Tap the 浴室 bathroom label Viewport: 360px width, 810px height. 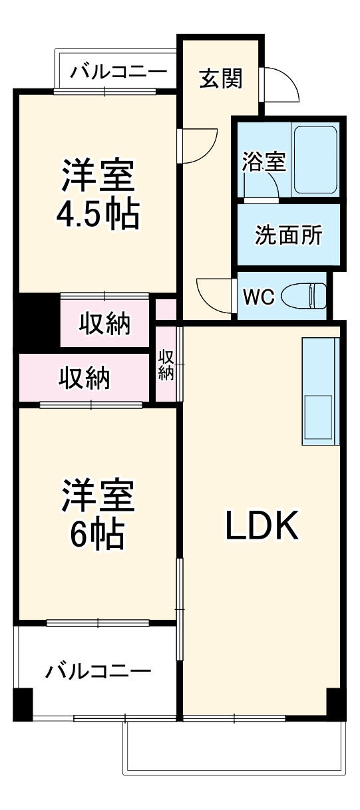coord(264,162)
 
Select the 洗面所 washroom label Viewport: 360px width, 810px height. coord(289,235)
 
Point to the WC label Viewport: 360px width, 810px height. coord(258,297)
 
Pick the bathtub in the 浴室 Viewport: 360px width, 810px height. coord(316,158)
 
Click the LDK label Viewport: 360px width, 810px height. coord(263,526)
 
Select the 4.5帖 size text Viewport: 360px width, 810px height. coord(98,215)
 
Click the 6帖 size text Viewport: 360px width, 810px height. coord(98,533)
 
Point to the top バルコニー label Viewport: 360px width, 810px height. coord(115,70)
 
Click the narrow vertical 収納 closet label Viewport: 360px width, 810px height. coord(166,365)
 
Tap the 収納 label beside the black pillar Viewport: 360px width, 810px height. coord(105,325)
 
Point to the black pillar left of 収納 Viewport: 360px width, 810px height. coord(37,322)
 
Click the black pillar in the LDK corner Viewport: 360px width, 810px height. coord(335,703)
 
